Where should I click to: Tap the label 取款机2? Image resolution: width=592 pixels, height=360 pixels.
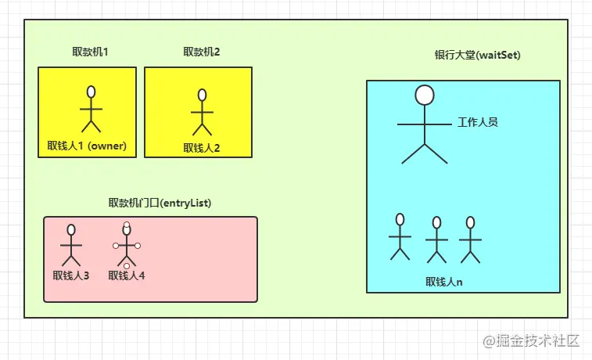201,52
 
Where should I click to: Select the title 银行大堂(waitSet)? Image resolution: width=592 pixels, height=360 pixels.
477,56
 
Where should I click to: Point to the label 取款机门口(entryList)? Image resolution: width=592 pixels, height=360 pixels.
160,203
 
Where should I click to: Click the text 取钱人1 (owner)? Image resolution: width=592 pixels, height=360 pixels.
87,145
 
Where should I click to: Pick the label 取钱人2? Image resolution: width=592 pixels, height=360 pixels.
202,147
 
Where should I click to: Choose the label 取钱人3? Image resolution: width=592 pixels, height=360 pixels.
71,275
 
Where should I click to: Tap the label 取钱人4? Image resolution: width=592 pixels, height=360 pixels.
127,275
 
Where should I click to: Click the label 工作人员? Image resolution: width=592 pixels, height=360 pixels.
478,122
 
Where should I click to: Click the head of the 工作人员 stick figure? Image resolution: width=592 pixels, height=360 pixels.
425,95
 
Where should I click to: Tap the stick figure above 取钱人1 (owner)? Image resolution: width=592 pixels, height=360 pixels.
91,110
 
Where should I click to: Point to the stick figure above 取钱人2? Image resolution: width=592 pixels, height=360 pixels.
202,113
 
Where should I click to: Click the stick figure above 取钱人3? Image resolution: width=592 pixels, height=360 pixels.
71,246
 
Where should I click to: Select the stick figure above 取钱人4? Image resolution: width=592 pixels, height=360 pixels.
126,246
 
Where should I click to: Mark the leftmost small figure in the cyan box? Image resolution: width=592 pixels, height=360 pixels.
400,236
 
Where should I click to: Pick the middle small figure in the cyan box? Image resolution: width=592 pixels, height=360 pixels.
436,239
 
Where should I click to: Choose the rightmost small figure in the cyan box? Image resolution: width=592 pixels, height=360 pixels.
470,239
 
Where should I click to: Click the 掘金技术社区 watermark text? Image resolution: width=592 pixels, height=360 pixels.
539,340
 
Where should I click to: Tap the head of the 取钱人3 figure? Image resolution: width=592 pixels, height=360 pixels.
71,230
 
